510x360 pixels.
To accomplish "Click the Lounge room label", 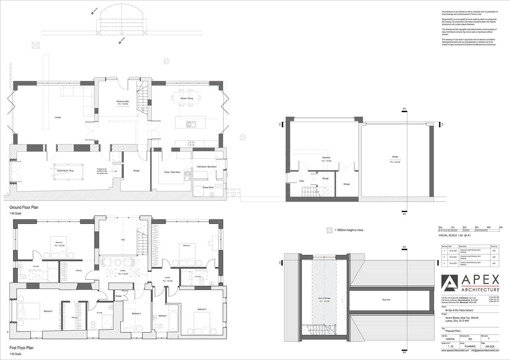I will pos(58,117).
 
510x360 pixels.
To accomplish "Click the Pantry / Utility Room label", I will pos(172,172).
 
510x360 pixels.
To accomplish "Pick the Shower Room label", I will pos(208,187).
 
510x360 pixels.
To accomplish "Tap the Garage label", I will pos(395,157).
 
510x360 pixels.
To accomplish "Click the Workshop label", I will pos(326,158).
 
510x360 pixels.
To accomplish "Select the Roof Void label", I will pos(386,300).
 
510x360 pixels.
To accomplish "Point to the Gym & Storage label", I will pos(324,298).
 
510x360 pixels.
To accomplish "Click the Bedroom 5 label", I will pos(48,311).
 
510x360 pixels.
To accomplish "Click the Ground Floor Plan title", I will pos(24,207).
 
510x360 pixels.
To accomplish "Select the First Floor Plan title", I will pos(21,348).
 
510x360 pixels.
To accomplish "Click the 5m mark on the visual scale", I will pos(501,227).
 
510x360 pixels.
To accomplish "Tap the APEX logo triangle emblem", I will pos(451,284).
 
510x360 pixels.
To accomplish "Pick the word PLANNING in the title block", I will pos(470,346).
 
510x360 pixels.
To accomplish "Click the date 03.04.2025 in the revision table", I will pos(453,257).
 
